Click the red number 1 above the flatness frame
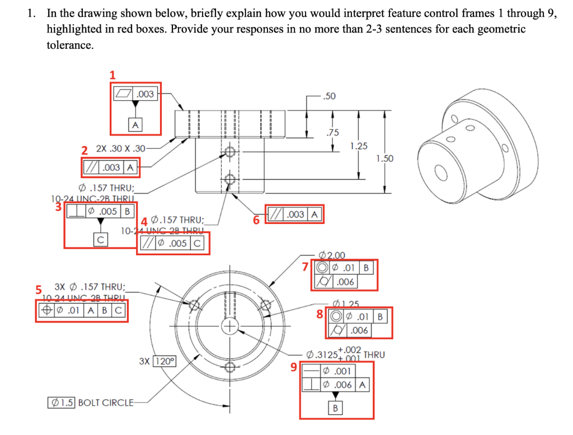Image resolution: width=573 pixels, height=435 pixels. [x=112, y=74]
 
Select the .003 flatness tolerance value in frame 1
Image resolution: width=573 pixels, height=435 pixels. [x=145, y=94]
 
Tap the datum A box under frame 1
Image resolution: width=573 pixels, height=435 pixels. [x=135, y=124]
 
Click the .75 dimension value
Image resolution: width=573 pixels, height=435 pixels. [x=333, y=133]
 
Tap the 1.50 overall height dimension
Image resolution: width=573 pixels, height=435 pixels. [x=384, y=158]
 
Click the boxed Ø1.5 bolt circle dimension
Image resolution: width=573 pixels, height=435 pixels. [x=62, y=402]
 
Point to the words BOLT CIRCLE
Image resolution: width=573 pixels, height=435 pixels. [x=106, y=402]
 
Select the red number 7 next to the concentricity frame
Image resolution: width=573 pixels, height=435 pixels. [x=306, y=267]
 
